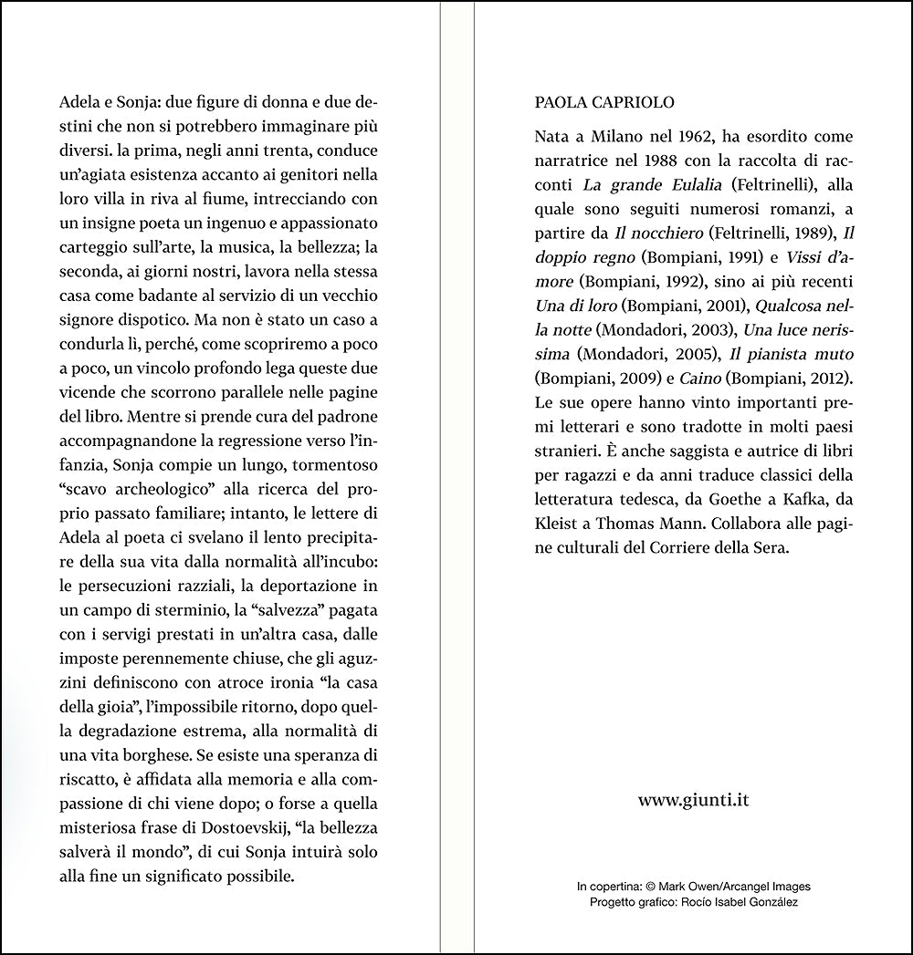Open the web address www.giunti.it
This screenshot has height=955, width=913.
(694, 799)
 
